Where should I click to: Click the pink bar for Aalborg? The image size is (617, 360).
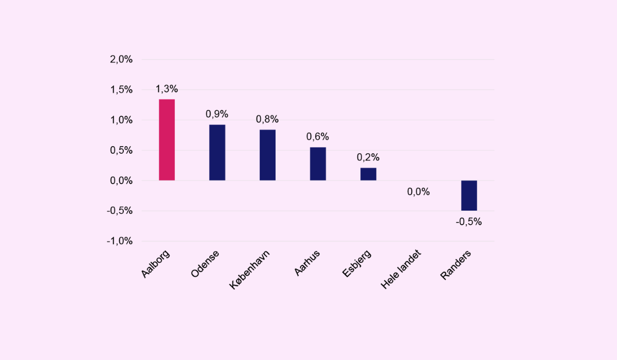pyautogui.click(x=167, y=139)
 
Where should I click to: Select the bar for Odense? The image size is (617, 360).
pyautogui.click(x=217, y=152)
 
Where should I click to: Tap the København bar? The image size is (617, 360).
pyautogui.click(x=267, y=155)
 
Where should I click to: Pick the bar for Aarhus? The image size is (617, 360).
pyautogui.click(x=318, y=164)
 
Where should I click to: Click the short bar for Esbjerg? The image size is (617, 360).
pyautogui.click(x=368, y=174)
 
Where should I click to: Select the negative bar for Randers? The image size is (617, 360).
pyautogui.click(x=469, y=195)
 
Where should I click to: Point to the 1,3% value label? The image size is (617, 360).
pyautogui.click(x=167, y=89)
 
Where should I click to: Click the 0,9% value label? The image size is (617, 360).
pyautogui.click(x=217, y=114)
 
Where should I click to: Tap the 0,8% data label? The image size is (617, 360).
pyautogui.click(x=267, y=119)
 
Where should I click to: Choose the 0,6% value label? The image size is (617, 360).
pyautogui.click(x=318, y=137)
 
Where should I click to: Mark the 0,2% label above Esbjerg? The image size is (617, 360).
pyautogui.click(x=368, y=157)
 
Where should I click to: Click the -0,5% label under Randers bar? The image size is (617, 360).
pyautogui.click(x=469, y=222)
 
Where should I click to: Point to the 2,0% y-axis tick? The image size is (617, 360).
pyautogui.click(x=121, y=60)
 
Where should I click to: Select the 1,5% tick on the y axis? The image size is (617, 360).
pyautogui.click(x=121, y=90)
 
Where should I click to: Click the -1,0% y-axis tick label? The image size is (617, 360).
pyautogui.click(x=120, y=241)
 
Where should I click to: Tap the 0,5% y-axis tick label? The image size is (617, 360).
pyautogui.click(x=121, y=151)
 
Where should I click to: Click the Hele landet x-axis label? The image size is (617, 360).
pyautogui.click(x=402, y=269)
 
